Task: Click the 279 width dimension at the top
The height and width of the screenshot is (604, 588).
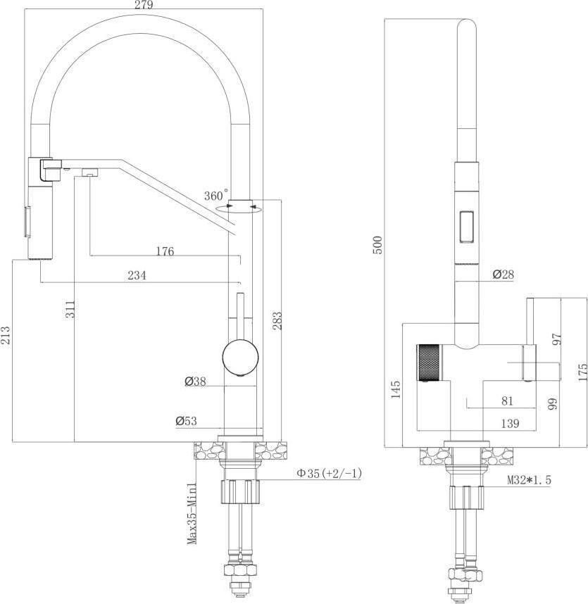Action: coord(144,5)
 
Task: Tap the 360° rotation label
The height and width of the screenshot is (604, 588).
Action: coord(216,195)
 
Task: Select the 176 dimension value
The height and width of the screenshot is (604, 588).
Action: coord(165,251)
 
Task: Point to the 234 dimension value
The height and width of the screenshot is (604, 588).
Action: coord(137,275)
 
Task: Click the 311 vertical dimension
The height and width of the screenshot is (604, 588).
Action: coord(70,309)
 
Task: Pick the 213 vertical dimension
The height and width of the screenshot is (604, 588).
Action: coord(6,335)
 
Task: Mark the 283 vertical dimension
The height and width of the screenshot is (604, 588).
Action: coord(277,321)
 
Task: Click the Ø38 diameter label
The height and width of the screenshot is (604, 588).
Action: coord(195,382)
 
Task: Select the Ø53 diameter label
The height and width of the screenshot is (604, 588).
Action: coord(186,421)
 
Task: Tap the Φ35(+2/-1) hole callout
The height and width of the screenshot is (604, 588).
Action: coord(329,473)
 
